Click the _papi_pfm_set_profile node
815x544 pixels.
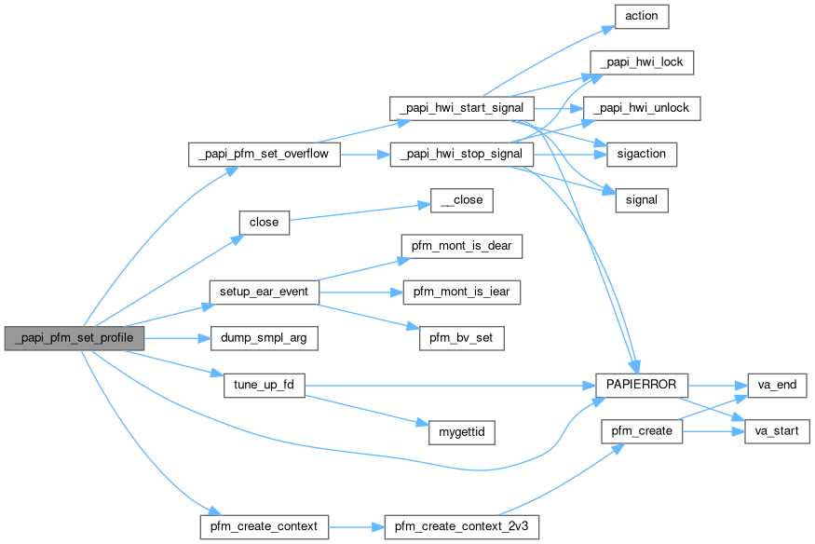point(73,337)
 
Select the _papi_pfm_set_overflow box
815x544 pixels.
point(265,154)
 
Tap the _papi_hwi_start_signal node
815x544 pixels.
point(461,107)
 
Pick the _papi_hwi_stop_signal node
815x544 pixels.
point(461,154)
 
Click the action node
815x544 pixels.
point(642,16)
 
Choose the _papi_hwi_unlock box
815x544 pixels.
point(642,107)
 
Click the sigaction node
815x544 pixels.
point(642,154)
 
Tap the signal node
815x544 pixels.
point(642,199)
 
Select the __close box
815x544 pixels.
point(461,199)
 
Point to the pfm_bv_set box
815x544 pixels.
point(461,337)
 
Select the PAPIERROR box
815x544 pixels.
point(642,384)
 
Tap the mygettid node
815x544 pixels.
point(461,432)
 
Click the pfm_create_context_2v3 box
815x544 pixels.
point(461,526)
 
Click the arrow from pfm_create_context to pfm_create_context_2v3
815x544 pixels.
point(356,526)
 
